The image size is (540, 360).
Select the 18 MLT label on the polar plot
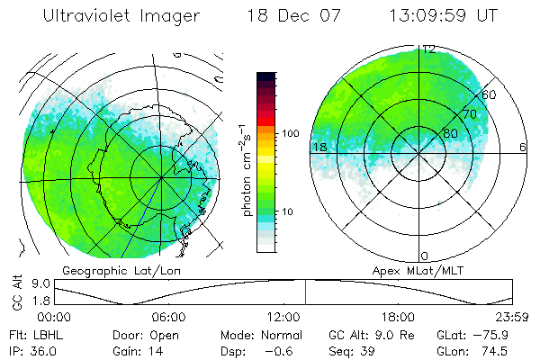[x=319, y=147]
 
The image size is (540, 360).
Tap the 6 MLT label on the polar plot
[x=523, y=147]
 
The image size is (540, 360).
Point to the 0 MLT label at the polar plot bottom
[x=425, y=256]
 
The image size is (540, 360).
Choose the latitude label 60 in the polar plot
[x=490, y=94]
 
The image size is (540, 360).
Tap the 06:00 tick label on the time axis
[x=168, y=317]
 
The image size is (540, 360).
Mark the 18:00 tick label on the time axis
[x=398, y=317]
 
